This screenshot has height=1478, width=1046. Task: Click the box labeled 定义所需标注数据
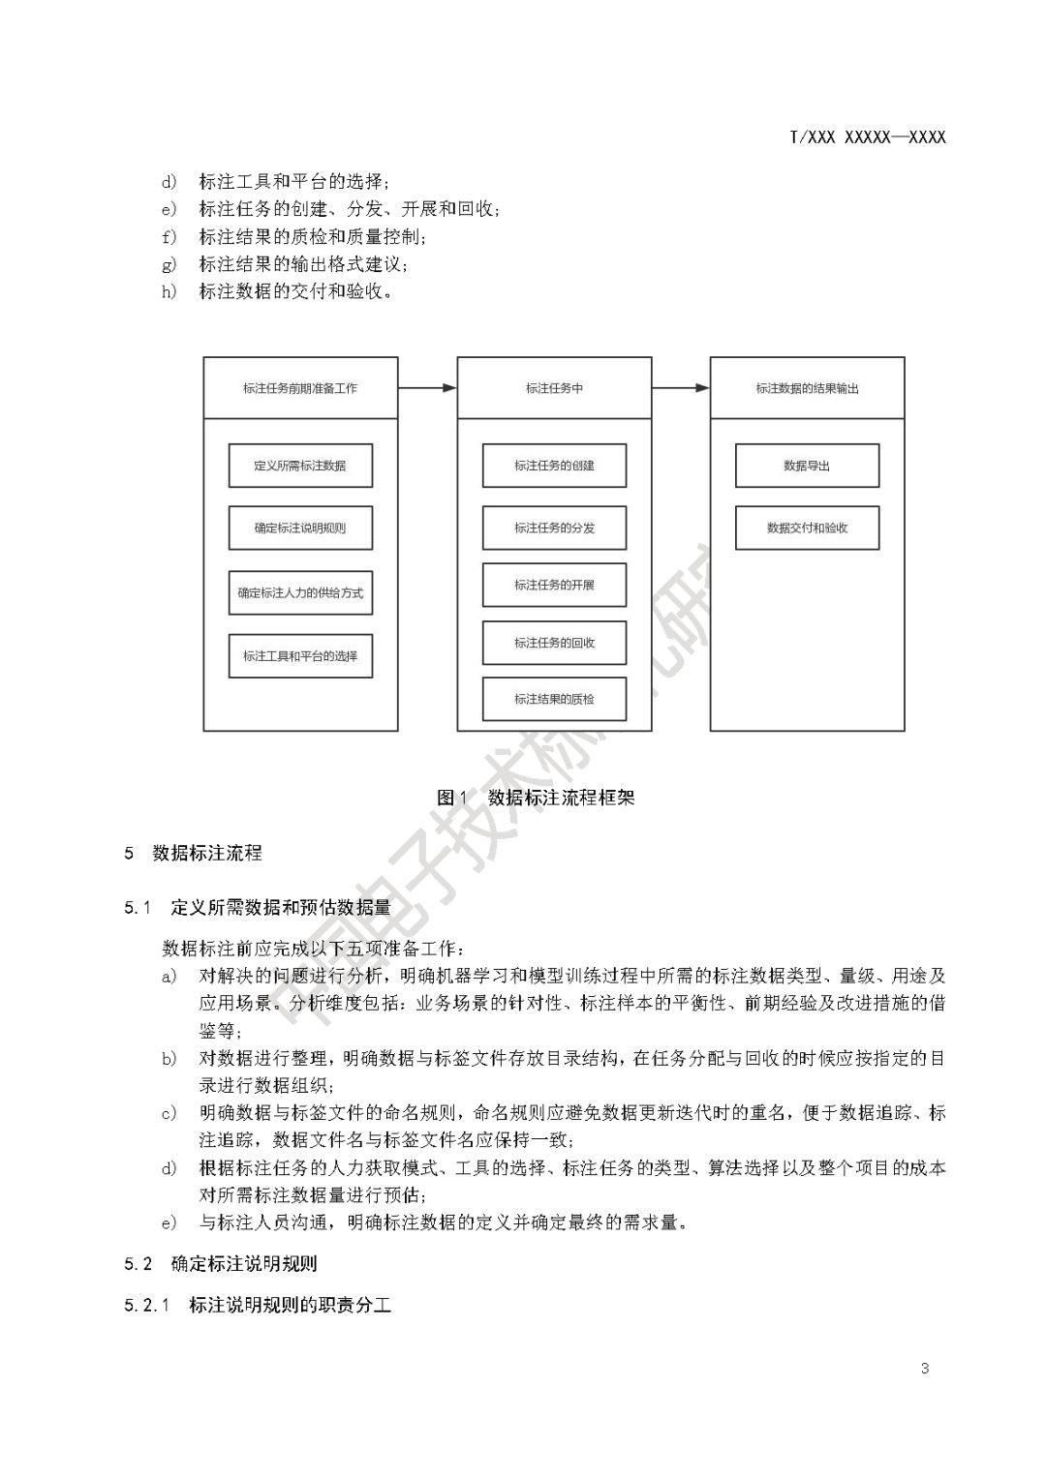pos(300,466)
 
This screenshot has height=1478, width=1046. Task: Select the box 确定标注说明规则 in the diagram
pos(300,528)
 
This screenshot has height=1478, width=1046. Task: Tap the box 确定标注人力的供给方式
pos(300,592)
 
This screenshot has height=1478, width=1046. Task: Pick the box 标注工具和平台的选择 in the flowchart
pos(300,656)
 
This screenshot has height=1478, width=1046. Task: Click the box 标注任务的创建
pos(554,466)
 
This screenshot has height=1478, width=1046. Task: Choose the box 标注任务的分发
pos(554,528)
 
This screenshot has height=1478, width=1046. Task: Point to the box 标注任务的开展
pos(554,586)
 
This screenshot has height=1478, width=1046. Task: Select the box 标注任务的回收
pos(554,643)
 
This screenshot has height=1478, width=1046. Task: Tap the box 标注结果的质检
pos(554,699)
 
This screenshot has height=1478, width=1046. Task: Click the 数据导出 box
pos(807,466)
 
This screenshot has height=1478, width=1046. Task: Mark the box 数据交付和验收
pos(807,528)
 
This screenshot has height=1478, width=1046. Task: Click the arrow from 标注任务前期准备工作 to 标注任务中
pos(427,388)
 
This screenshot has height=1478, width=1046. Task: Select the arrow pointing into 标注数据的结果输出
pos(681,388)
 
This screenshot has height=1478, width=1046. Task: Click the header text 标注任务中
pos(554,389)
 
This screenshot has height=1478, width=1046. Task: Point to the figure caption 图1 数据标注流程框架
pos(536,798)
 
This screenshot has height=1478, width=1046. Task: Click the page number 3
pos(925,1369)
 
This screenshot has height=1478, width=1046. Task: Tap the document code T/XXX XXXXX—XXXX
pos(868,137)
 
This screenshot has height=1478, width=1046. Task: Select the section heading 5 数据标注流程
pos(194,853)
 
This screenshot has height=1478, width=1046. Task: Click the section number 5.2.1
pos(147,1306)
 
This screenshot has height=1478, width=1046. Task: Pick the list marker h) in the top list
pos(169,291)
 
